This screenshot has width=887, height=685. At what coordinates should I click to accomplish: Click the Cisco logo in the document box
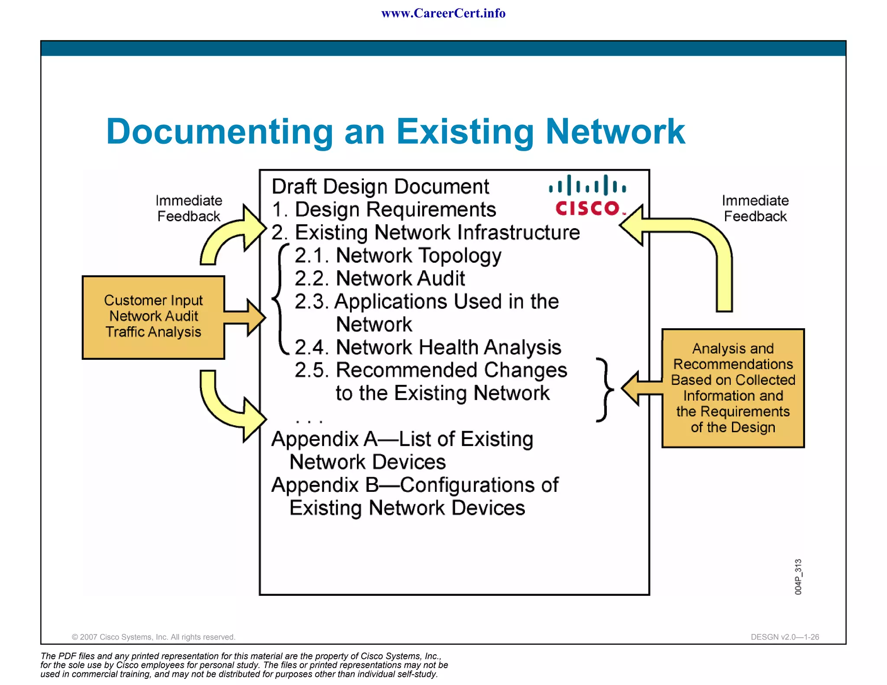[587, 195]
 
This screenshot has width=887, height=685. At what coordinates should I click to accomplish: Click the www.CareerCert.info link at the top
[443, 13]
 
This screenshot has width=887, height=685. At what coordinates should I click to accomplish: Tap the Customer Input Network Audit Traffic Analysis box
[153, 317]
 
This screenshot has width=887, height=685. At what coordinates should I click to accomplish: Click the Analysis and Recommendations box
[733, 388]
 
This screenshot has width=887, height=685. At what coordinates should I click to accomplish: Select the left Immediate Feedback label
[189, 208]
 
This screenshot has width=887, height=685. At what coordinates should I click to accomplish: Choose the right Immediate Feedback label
[755, 208]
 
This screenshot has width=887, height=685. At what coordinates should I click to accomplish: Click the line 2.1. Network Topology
[398, 255]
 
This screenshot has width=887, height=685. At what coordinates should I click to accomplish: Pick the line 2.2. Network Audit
[379, 278]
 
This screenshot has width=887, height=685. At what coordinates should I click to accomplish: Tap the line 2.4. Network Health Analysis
[427, 347]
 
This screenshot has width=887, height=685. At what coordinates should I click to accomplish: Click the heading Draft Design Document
[380, 187]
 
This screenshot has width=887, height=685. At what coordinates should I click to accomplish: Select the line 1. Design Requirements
[384, 210]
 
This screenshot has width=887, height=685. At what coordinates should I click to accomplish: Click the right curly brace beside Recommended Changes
[605, 390]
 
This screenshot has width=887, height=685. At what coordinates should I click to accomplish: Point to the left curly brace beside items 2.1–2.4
[280, 299]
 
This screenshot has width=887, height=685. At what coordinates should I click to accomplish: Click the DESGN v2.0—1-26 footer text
[785, 637]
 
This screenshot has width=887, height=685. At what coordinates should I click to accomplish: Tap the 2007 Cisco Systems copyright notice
[153, 637]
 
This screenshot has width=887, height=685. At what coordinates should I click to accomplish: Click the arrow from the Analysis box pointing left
[641, 388]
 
